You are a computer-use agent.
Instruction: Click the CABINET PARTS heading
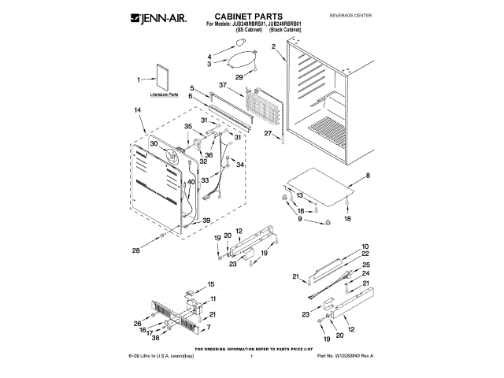click(248, 17)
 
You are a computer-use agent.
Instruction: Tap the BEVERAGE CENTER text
click(372, 16)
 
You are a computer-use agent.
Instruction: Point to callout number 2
click(273, 46)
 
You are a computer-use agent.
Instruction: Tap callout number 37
click(223, 84)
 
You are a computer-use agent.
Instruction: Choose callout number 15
click(210, 283)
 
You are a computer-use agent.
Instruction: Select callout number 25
click(365, 265)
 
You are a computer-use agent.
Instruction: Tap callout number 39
click(207, 220)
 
